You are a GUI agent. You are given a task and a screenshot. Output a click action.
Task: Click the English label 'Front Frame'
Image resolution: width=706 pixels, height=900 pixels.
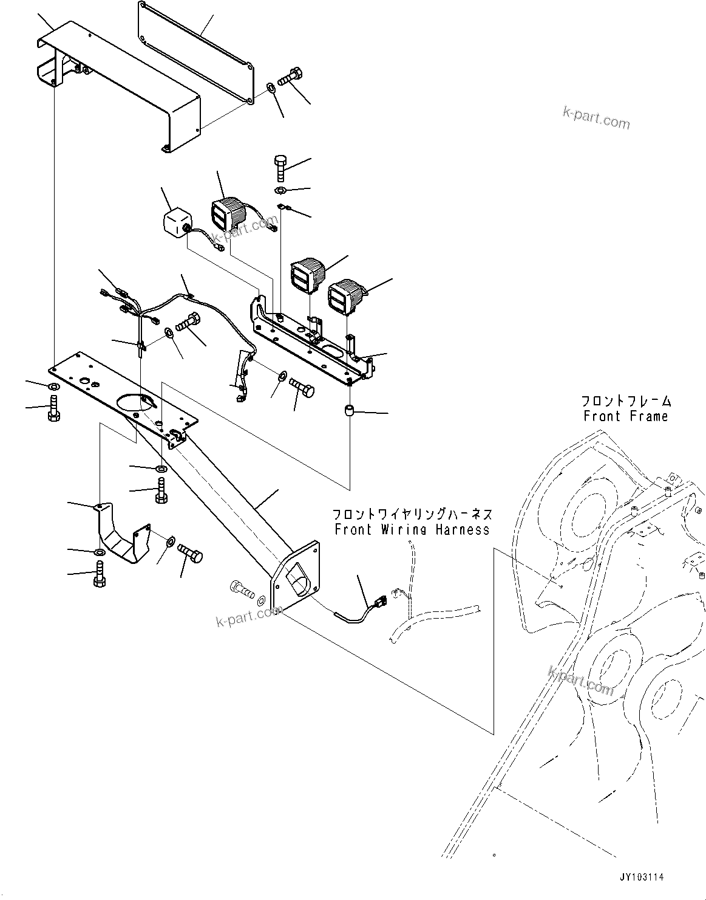point(625,416)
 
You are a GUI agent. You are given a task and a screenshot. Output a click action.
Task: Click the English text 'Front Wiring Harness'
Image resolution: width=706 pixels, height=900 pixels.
point(412,529)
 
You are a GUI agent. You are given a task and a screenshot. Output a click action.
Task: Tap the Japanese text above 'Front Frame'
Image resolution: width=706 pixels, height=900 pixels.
point(626,401)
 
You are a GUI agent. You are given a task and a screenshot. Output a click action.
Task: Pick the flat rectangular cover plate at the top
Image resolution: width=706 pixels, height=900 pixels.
point(194,52)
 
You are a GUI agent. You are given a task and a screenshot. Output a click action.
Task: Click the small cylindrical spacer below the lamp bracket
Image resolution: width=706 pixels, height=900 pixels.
point(349,411)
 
